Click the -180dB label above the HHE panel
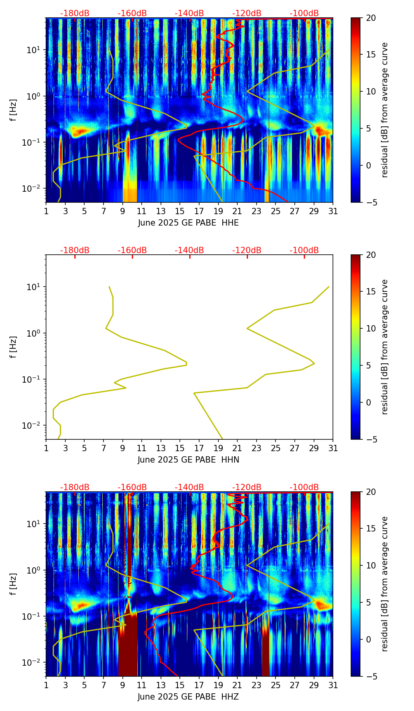[75, 13]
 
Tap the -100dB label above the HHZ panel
[304, 487]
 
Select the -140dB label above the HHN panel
[189, 250]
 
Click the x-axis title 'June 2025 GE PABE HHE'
[188, 223]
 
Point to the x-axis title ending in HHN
[188, 460]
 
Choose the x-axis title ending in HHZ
[188, 697]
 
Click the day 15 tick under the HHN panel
[180, 448]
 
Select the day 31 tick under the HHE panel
[333, 211]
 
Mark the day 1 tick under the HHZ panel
[46, 685]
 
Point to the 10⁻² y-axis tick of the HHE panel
[35, 189]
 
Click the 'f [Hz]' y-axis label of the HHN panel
[13, 347]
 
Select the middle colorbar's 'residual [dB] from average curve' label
[385, 347]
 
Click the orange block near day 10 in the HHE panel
[130, 191]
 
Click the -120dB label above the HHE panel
[247, 13]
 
